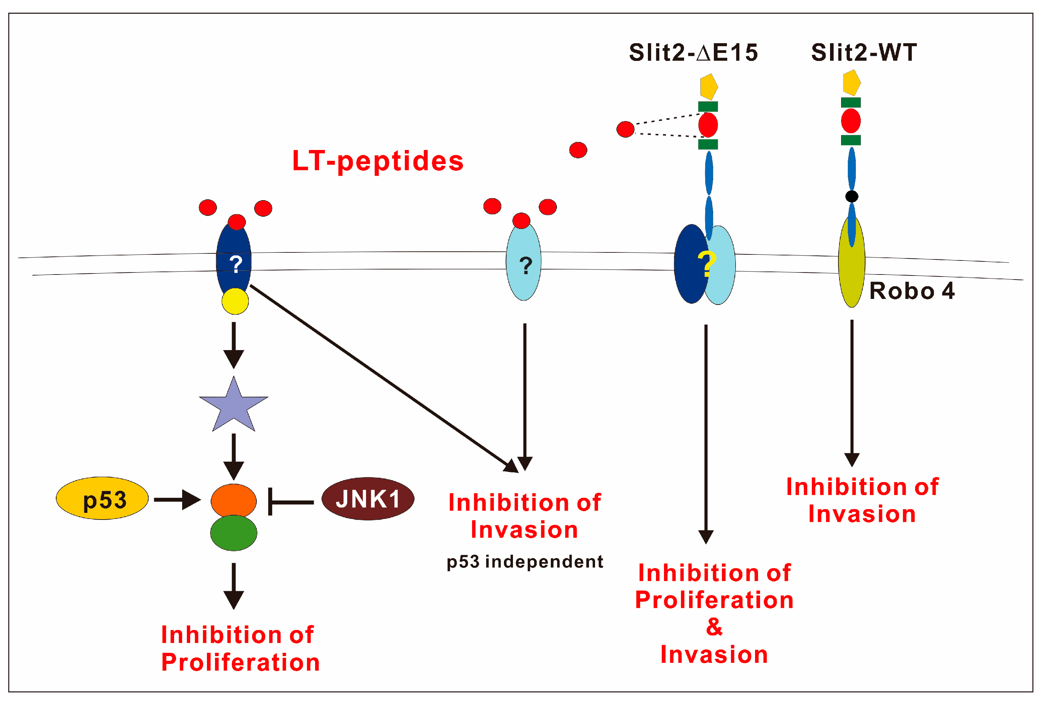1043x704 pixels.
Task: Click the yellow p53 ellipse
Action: click(x=102, y=498)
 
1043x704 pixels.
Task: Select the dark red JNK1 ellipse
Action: click(x=368, y=498)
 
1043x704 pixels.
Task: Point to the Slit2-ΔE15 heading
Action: click(x=693, y=53)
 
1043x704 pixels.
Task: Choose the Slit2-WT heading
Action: click(x=864, y=53)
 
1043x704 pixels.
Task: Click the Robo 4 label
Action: click(x=911, y=291)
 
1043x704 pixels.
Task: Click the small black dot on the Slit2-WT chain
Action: click(x=851, y=196)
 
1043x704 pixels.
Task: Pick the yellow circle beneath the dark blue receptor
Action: click(x=235, y=301)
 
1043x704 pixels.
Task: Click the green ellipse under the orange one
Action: click(x=233, y=533)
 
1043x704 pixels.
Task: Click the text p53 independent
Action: click(x=525, y=562)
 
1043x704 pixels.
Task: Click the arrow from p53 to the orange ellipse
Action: click(x=177, y=499)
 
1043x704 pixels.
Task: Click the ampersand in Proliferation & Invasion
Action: click(x=714, y=626)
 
